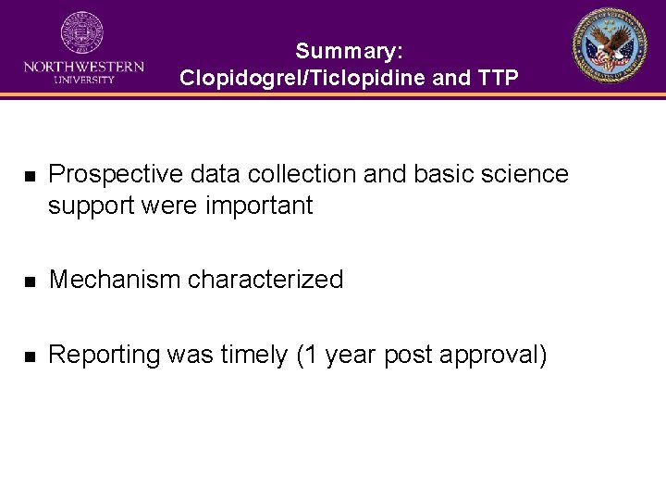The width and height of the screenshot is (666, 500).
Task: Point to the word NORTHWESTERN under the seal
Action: tap(83, 67)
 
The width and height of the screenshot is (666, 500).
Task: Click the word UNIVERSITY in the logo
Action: tap(83, 80)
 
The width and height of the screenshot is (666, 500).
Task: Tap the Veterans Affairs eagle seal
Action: tap(609, 45)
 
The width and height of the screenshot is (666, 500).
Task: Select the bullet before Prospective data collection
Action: tap(30, 175)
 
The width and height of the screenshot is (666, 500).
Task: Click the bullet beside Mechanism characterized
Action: tap(30, 281)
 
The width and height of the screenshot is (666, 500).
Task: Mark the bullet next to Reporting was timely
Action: tap(30, 356)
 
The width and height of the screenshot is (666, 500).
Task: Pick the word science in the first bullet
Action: tap(522, 174)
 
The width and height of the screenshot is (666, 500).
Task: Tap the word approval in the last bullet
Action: tap(493, 355)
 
